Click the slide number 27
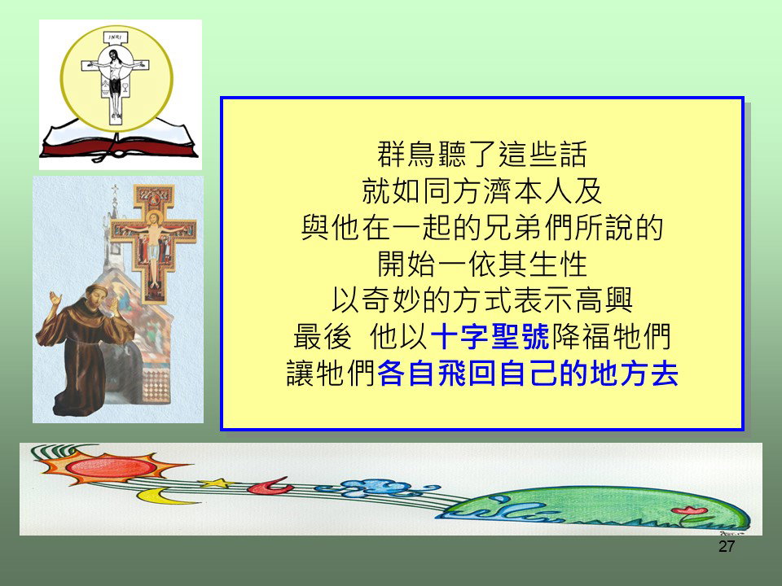coord(726,547)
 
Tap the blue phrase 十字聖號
coord(490,337)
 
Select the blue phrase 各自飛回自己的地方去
coord(528,374)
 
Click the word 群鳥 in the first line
coord(406,154)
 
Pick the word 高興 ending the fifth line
coord(604,300)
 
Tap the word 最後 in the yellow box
coord(323,337)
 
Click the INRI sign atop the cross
coord(115,37)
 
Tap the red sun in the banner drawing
coord(111,466)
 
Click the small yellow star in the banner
coord(217,483)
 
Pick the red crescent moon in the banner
coord(270,486)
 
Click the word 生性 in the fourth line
coord(557,264)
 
